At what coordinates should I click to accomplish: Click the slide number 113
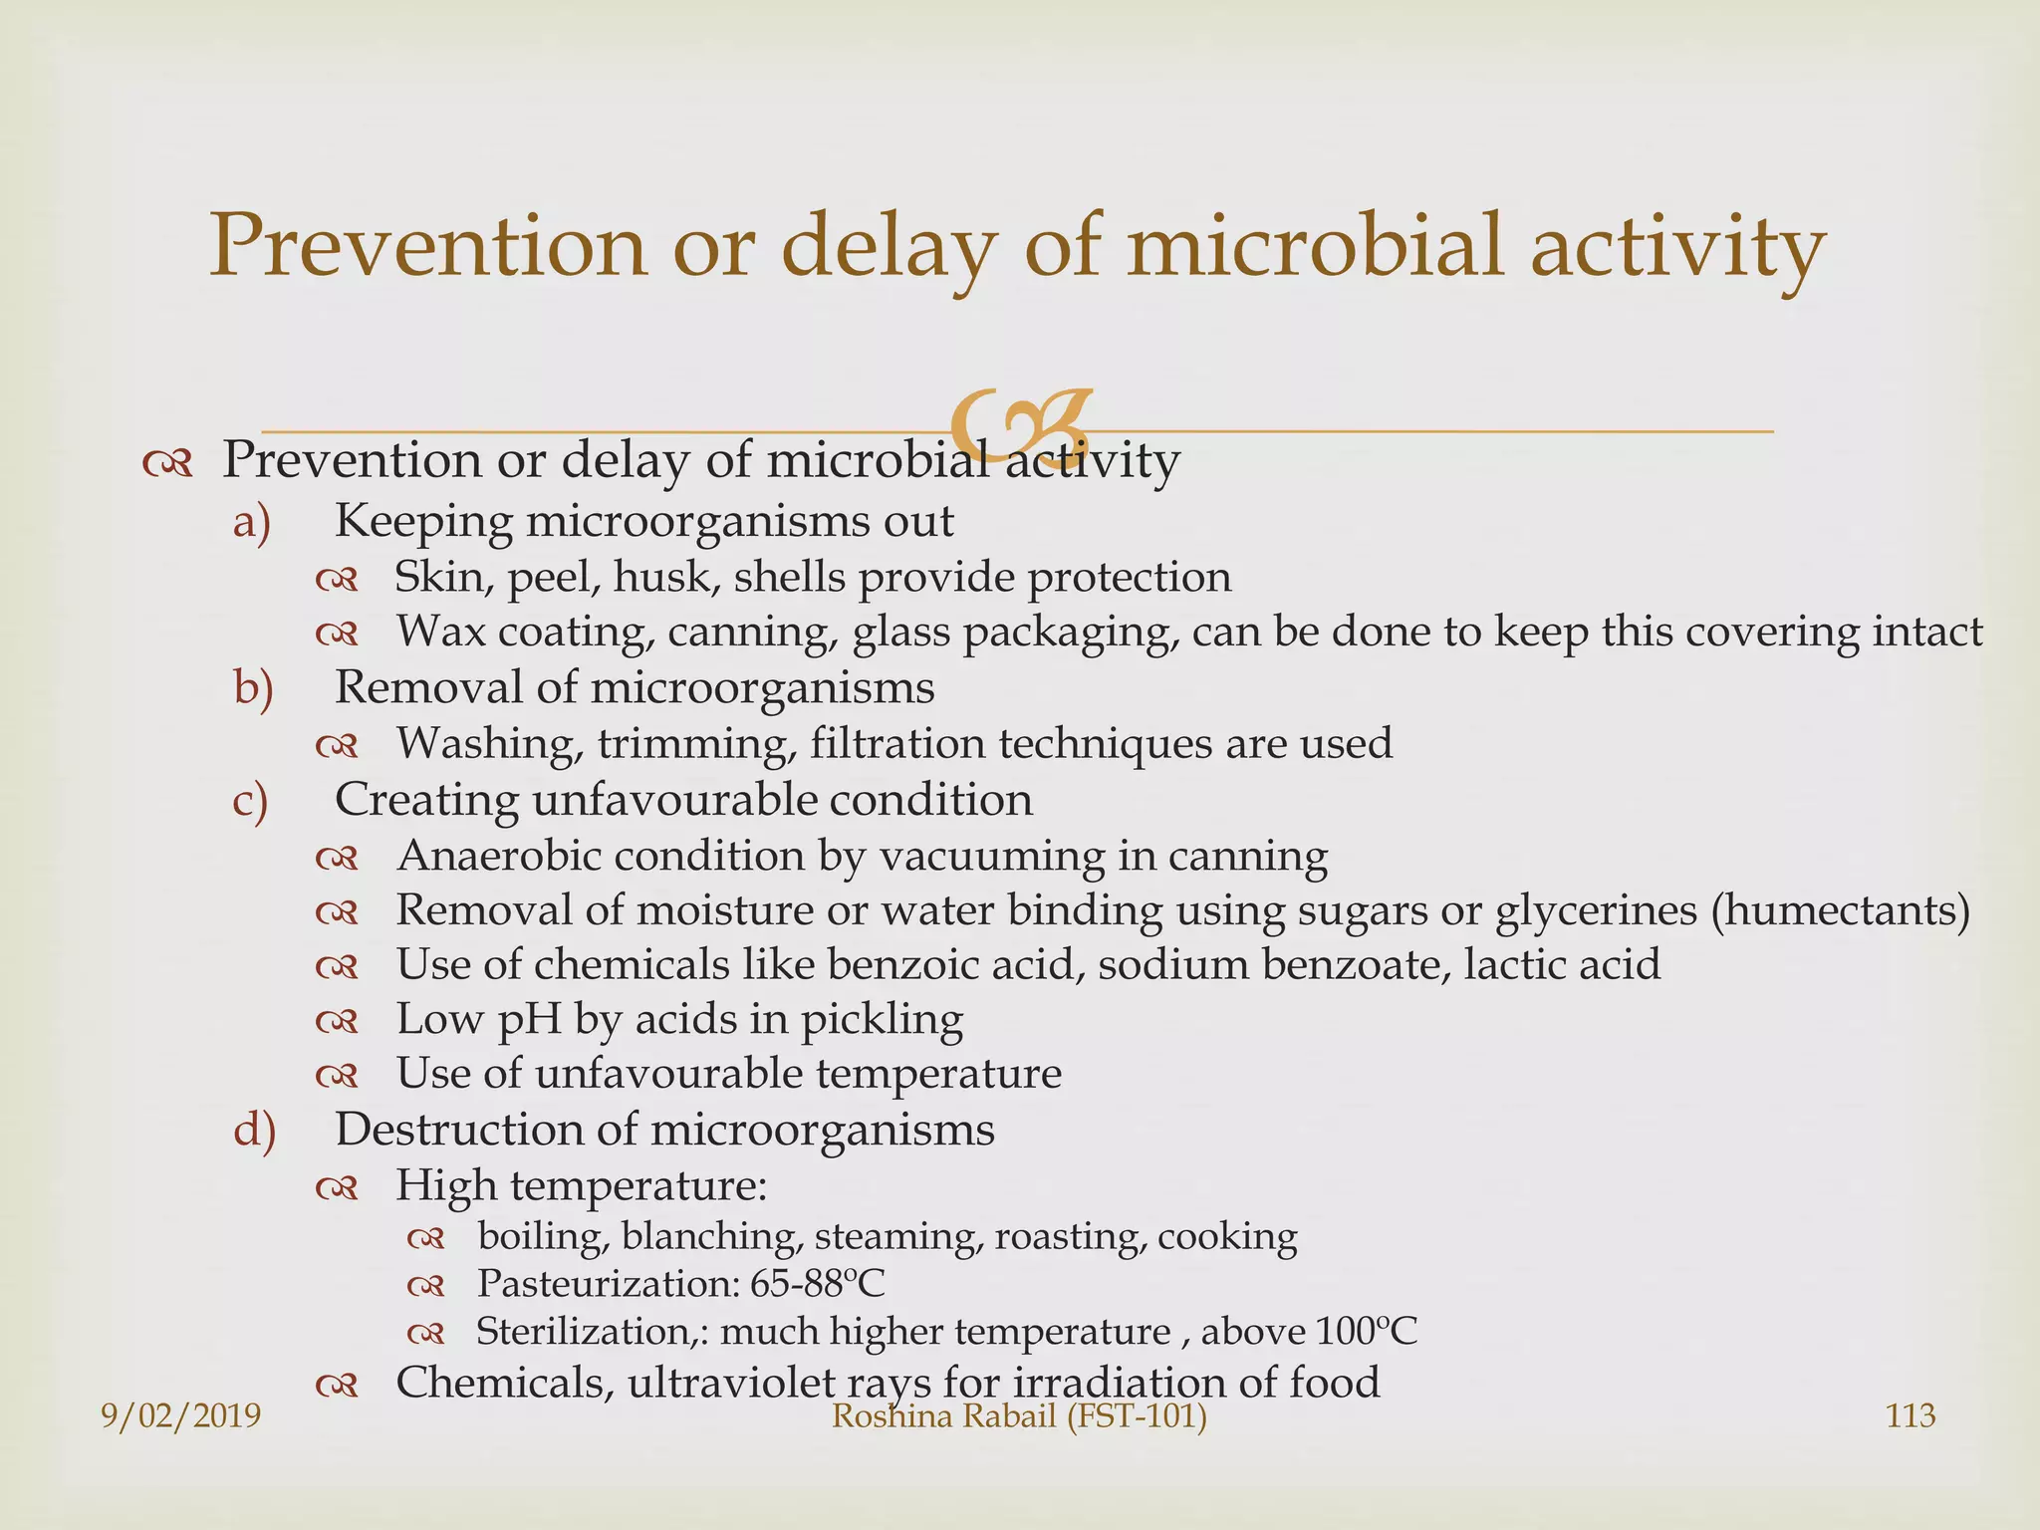pyautogui.click(x=1911, y=1415)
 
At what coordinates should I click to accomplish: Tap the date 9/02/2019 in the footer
pyautogui.click(x=181, y=1415)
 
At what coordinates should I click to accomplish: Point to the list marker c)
pyautogui.click(x=250, y=801)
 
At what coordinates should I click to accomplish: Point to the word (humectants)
pyautogui.click(x=1840, y=910)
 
